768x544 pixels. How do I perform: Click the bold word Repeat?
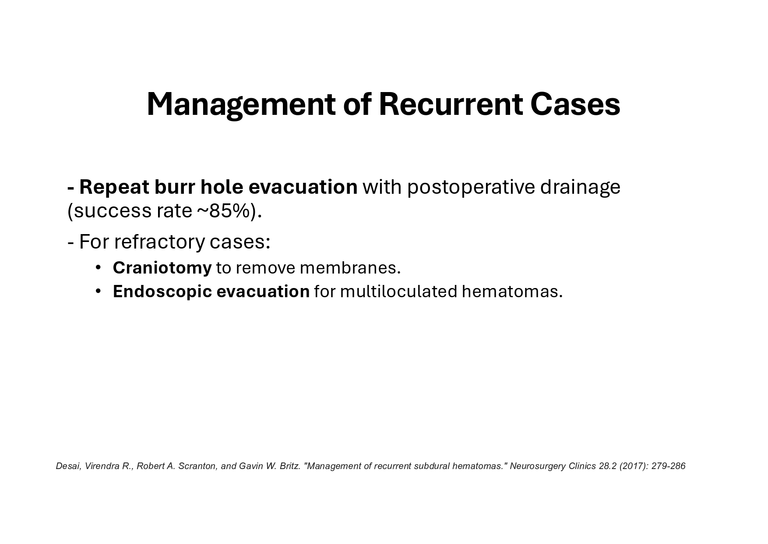tap(114, 187)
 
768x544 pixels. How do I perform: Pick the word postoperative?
tap(471, 187)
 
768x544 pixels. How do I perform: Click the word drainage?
tap(580, 187)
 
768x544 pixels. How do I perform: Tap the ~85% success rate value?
tap(225, 211)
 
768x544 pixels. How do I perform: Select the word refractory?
tap(159, 242)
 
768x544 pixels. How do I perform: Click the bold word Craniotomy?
tap(162, 268)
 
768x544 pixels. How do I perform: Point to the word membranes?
tap(350, 268)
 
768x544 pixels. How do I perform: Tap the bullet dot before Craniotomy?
tap(99, 267)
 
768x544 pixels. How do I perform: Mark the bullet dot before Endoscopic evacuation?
tap(99, 291)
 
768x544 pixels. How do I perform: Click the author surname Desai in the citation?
tap(68, 466)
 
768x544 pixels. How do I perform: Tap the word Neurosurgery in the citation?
tap(537, 466)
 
